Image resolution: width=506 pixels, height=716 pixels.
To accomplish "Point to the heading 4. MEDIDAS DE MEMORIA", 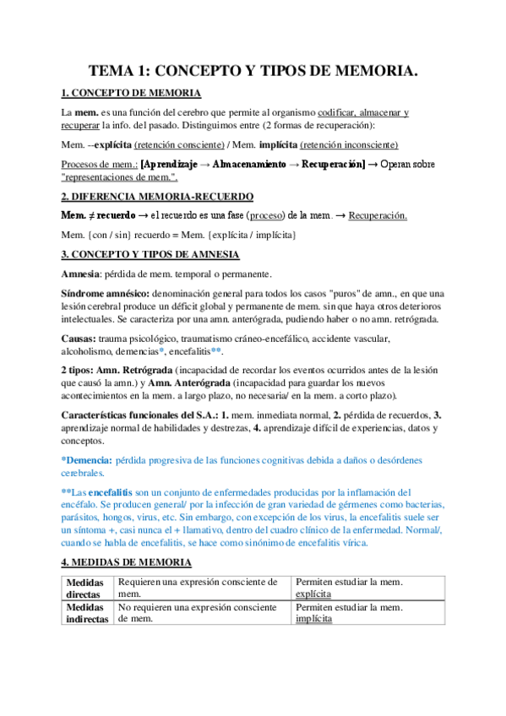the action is (x=127, y=561).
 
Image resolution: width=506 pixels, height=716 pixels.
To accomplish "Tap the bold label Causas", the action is (x=81, y=338).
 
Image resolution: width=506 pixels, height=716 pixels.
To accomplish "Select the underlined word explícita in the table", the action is (x=313, y=594).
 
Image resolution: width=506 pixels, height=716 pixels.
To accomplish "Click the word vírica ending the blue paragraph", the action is (x=349, y=541).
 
